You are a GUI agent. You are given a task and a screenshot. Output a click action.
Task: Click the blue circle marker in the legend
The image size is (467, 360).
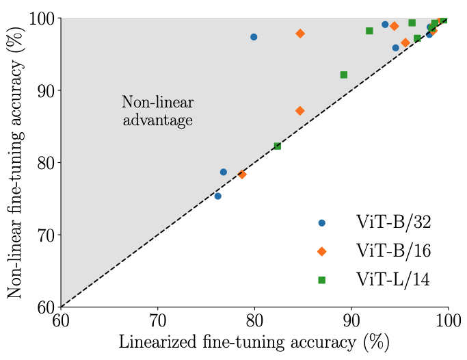point(322,223)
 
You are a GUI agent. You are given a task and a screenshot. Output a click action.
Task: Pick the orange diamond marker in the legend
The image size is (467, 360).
point(322,251)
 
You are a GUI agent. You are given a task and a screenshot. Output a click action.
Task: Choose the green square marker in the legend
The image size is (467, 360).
point(322,279)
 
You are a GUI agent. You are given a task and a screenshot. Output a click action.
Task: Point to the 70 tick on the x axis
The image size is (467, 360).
point(158,321)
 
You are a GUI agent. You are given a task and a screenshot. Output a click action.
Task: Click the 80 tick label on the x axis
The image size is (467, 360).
point(255,321)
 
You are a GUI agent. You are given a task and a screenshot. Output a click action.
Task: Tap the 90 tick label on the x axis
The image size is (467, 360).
point(351,321)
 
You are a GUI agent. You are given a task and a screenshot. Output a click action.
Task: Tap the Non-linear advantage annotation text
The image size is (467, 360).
point(158,111)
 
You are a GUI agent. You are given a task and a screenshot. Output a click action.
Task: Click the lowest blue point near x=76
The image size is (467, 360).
point(217,196)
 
